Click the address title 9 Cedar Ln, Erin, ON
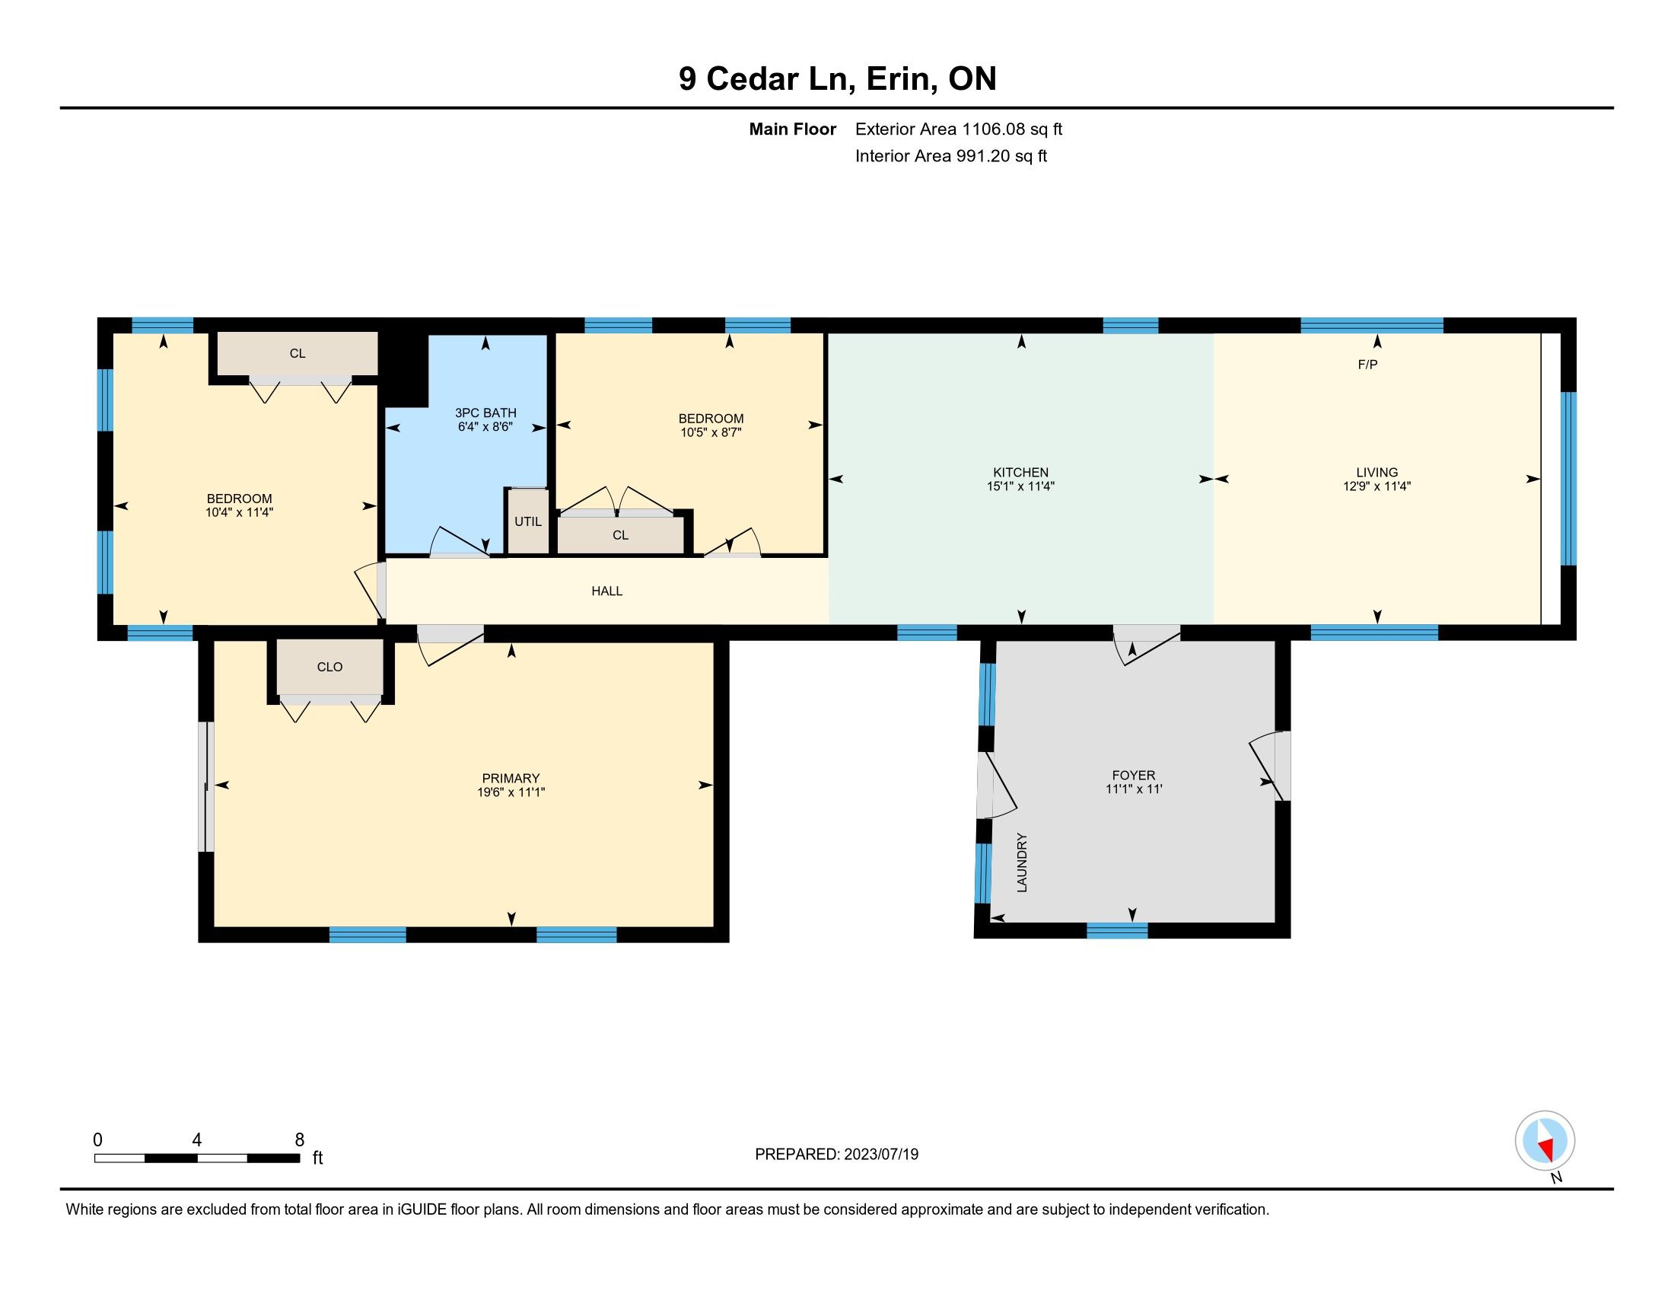pyautogui.click(x=837, y=79)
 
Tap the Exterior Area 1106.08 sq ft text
pyautogui.click(x=959, y=129)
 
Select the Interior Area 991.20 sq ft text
pyautogui.click(x=951, y=156)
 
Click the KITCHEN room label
pyautogui.click(x=1020, y=472)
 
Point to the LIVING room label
pyautogui.click(x=1376, y=472)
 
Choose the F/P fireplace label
pyautogui.click(x=1367, y=365)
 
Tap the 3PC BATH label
pyautogui.click(x=485, y=413)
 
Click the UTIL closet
pyautogui.click(x=528, y=521)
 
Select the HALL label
pyautogui.click(x=607, y=591)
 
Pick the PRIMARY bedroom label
pyautogui.click(x=511, y=778)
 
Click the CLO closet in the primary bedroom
pyautogui.click(x=330, y=667)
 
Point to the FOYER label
pyautogui.click(x=1134, y=775)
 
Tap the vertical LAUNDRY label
pyautogui.click(x=1022, y=862)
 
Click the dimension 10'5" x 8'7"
pyautogui.click(x=711, y=432)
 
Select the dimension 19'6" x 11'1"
pyautogui.click(x=511, y=792)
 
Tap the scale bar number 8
pyautogui.click(x=300, y=1139)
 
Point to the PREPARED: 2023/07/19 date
pyautogui.click(x=836, y=1155)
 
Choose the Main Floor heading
pyautogui.click(x=793, y=129)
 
